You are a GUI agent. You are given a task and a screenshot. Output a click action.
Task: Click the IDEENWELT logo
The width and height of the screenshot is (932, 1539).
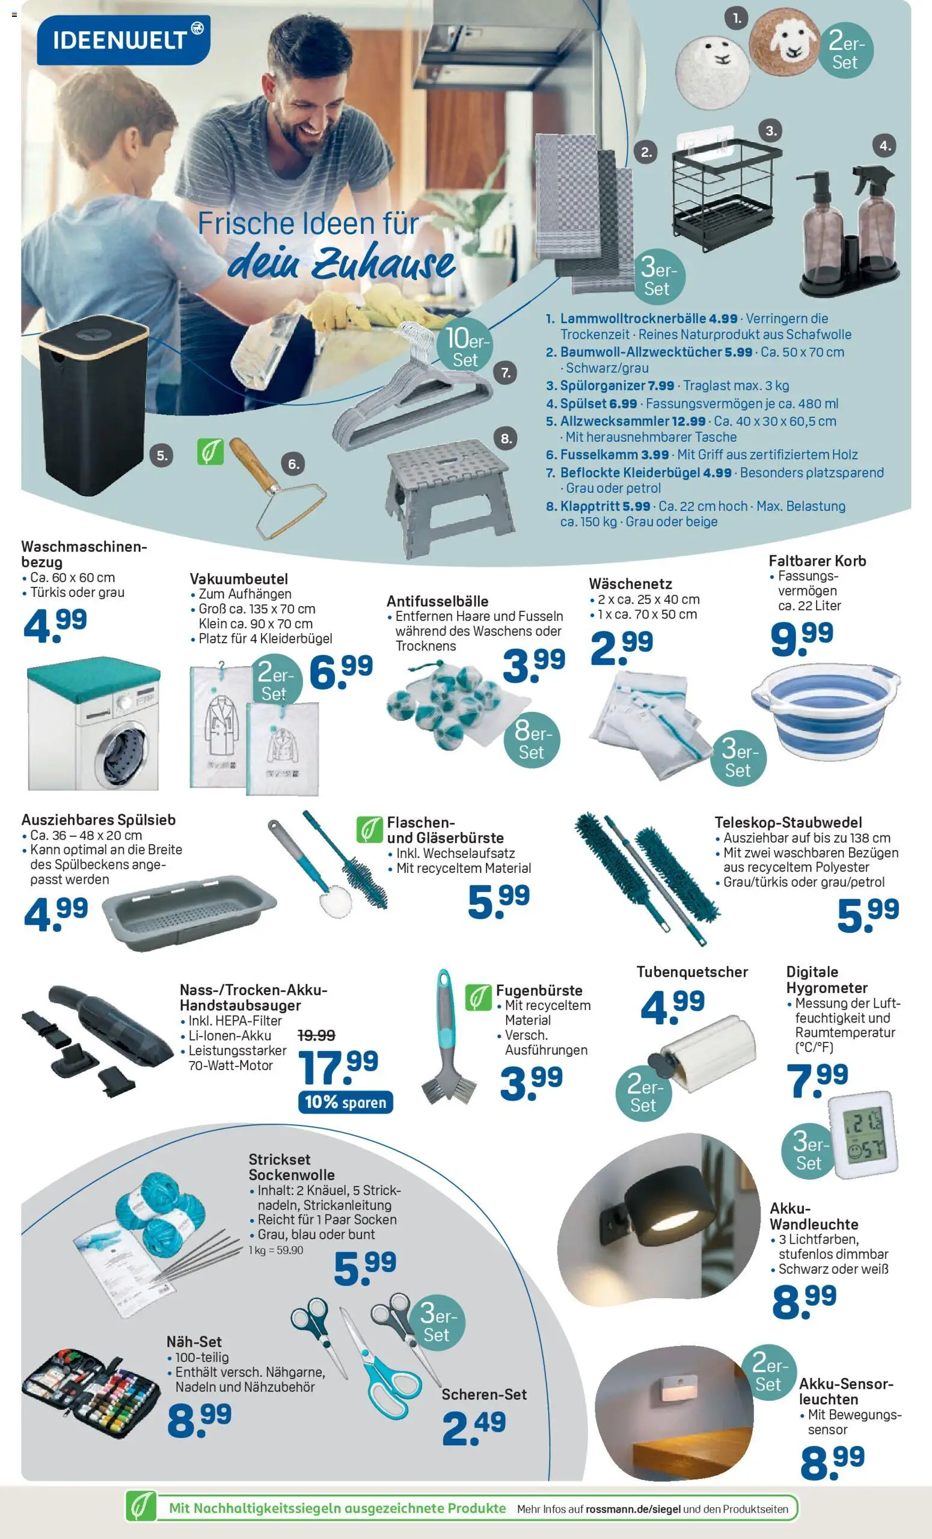coord(124,40)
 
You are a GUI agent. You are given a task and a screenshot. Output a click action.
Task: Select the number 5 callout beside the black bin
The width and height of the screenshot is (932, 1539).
coord(162,455)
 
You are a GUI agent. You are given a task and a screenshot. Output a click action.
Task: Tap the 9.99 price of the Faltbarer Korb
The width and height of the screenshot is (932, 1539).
coord(802,639)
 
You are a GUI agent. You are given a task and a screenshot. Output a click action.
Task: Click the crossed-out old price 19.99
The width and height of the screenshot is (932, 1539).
coord(317,1035)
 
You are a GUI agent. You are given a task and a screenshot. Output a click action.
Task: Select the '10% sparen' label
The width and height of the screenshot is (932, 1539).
coord(345,1102)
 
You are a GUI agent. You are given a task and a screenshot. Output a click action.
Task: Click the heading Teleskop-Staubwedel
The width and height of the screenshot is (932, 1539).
coord(788,822)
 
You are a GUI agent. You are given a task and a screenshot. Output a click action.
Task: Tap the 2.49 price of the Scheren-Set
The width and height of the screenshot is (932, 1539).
coord(473,1428)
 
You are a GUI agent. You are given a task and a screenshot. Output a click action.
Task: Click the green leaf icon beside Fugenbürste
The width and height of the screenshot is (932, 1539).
coord(478,997)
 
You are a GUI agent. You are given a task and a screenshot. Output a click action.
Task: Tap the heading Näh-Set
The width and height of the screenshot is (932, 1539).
coord(194,1341)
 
